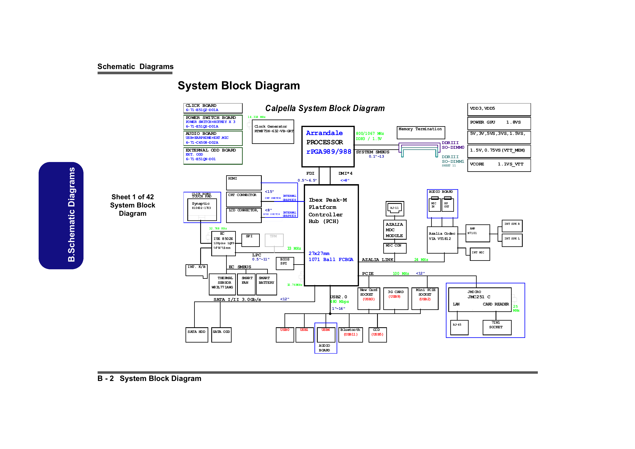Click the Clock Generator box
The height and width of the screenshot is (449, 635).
(x=273, y=132)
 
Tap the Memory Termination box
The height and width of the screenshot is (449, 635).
(x=421, y=132)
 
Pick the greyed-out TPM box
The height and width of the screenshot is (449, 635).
(x=274, y=240)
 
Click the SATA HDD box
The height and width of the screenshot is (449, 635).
(x=197, y=335)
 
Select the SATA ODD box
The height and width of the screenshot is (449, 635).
(x=221, y=335)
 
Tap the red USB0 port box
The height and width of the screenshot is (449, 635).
(x=285, y=335)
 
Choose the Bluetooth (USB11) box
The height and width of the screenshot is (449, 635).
(x=350, y=335)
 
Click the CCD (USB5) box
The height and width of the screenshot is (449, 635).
(x=377, y=335)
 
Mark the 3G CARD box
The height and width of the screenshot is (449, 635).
(x=396, y=298)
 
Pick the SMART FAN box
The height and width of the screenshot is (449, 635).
(x=246, y=284)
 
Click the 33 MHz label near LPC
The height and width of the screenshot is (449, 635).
(x=294, y=248)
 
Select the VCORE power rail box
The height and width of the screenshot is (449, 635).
(x=499, y=165)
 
